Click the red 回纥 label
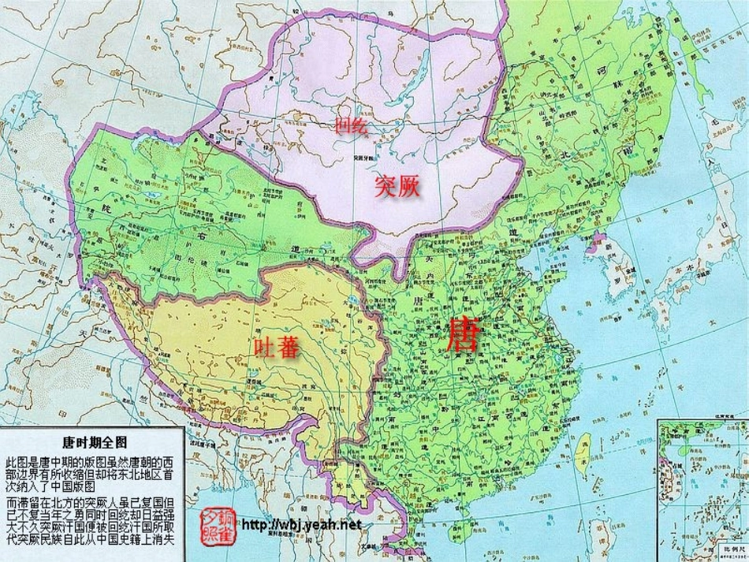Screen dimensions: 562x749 pos(351,125)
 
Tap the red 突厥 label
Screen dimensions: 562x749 pos(397,186)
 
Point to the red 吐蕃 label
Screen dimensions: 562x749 pos(277,348)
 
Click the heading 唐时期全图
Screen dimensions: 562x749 pos(94,441)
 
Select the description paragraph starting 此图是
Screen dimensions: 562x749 pos(94,474)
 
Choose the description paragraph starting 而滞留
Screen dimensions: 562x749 pos(94,521)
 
